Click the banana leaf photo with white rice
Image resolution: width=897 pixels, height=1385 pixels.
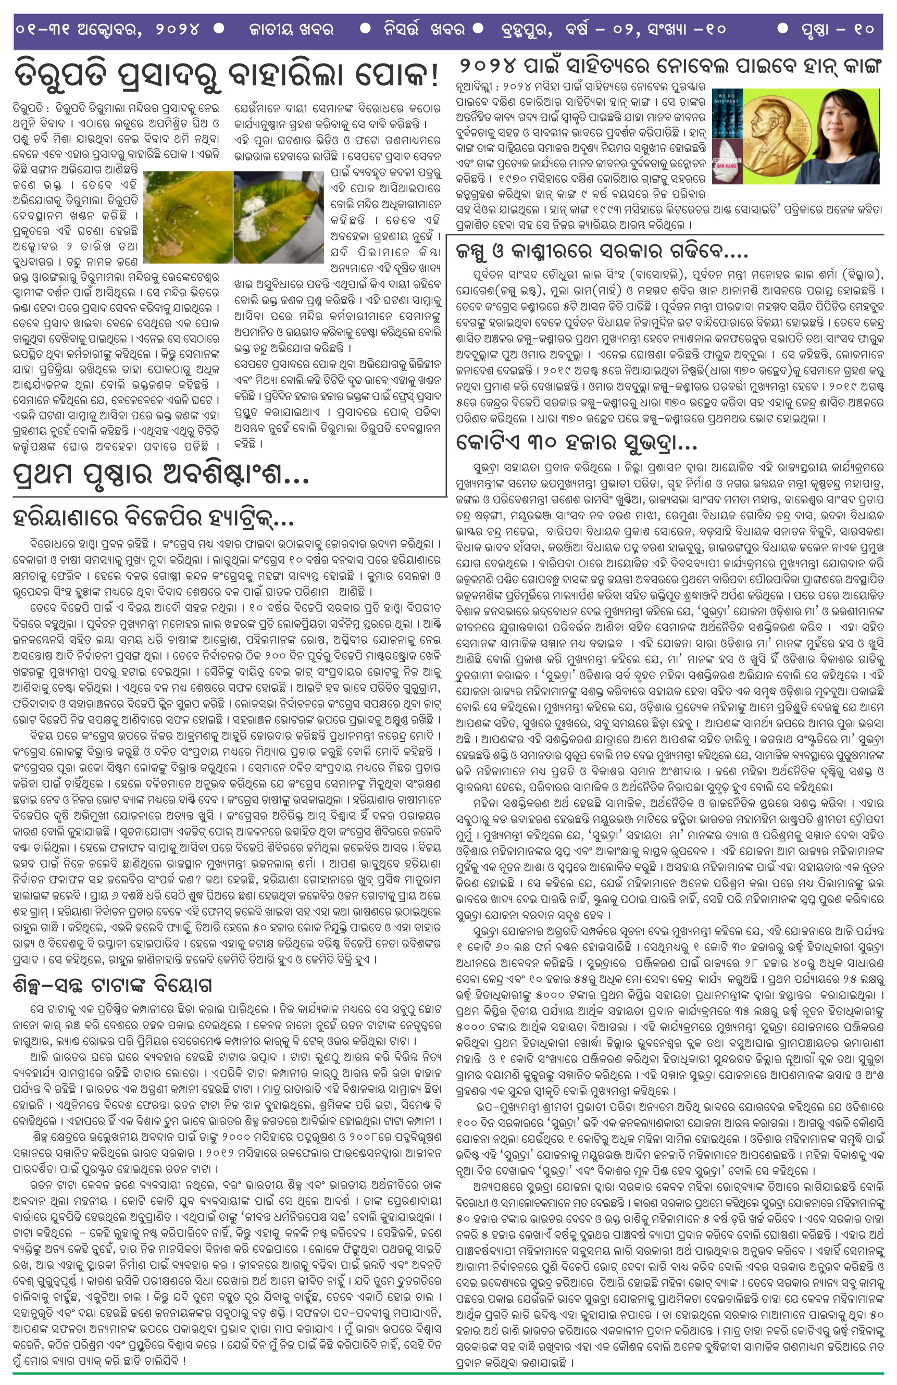tap(278, 217)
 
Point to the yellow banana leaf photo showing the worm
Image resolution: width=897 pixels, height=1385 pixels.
tap(188, 217)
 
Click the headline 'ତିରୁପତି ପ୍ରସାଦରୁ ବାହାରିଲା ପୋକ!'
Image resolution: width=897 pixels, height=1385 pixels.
tap(227, 75)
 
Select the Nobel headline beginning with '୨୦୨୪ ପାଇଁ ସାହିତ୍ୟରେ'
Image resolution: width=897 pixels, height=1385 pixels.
tap(669, 66)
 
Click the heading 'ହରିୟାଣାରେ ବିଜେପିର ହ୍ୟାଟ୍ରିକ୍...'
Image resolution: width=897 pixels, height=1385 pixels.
tap(153, 517)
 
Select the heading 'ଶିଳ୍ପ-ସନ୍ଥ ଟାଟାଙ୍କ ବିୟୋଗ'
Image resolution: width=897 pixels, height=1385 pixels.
tap(113, 984)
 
